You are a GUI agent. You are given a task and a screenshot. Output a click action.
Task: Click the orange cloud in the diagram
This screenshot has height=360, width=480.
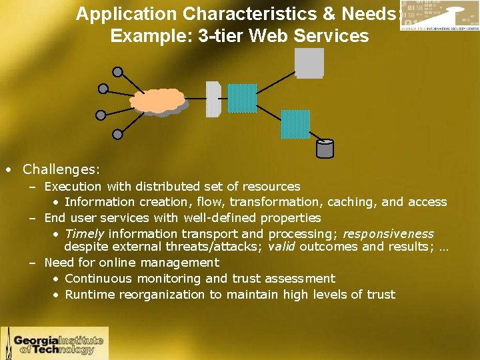click(157, 101)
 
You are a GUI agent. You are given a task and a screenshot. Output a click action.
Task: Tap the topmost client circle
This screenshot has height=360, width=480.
click(118, 72)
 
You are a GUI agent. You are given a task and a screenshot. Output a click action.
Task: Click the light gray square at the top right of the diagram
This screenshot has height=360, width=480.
click(309, 63)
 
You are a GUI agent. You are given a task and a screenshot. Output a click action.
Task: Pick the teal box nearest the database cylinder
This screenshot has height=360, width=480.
click(295, 124)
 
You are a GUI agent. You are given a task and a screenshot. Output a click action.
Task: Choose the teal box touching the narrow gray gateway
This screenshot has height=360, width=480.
click(242, 98)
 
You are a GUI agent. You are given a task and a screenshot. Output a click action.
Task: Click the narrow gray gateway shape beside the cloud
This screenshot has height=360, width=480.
click(213, 99)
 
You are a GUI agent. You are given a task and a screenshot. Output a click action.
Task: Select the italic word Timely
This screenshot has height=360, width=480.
click(85, 234)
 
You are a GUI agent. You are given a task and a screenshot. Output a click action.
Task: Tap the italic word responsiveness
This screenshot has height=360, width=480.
click(388, 234)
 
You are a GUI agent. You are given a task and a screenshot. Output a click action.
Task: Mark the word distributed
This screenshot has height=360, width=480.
click(164, 187)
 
